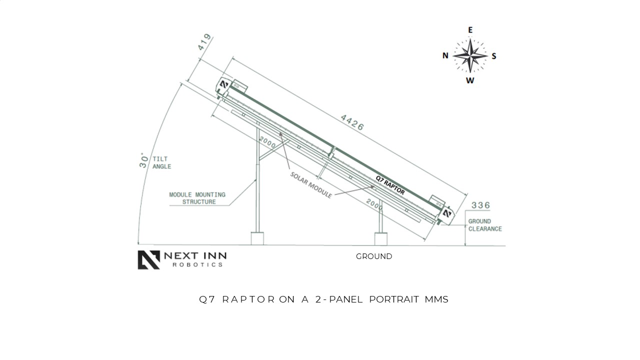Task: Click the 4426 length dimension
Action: (x=352, y=122)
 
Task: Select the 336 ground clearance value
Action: (x=480, y=205)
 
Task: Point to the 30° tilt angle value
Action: (x=144, y=160)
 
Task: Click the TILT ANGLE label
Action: (x=161, y=162)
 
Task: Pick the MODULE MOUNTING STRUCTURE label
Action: (x=197, y=198)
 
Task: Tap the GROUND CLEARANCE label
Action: (x=484, y=225)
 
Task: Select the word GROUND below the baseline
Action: (x=374, y=256)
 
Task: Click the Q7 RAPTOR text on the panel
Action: (x=390, y=184)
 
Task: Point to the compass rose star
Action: (x=470, y=55)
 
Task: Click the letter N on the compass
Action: (x=445, y=55)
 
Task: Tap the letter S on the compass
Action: (x=494, y=56)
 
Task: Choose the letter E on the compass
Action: (x=470, y=30)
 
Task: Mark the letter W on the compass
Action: (x=470, y=80)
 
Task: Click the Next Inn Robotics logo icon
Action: (x=148, y=260)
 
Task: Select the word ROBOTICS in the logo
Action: (x=197, y=264)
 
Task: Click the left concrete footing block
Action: (x=257, y=238)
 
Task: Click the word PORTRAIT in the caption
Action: (x=393, y=299)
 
